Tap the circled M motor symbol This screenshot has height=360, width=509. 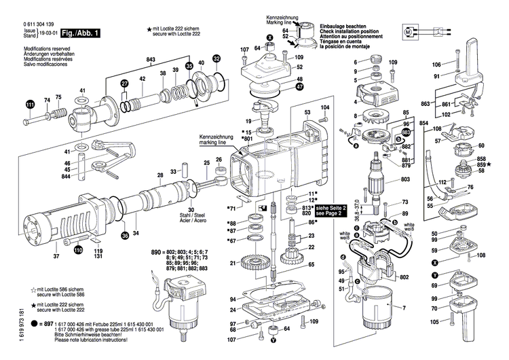pos(408,31)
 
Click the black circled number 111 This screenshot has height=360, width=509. pos(29,105)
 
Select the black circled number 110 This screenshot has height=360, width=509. pos(78,251)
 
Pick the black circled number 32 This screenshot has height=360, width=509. pos(216,59)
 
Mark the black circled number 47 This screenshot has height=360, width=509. pos(299,87)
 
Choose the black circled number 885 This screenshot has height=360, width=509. pos(407,130)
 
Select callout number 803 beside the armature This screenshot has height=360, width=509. pos(406,179)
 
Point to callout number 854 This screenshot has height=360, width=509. pos(423,123)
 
